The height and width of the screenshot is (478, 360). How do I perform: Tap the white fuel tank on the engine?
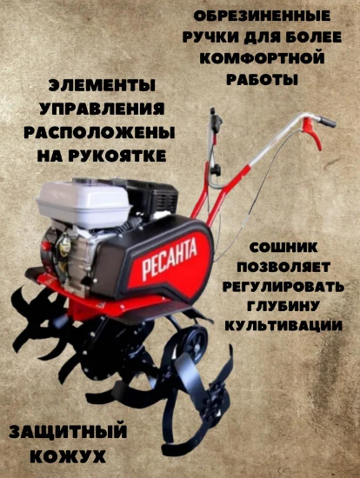click(83, 202)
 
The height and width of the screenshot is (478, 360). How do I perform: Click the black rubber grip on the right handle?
click(328, 122)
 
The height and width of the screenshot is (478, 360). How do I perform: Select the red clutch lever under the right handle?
click(312, 133)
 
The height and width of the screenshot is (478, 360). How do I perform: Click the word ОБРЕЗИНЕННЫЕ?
click(262, 16)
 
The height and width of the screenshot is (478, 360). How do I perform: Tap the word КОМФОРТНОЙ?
click(262, 58)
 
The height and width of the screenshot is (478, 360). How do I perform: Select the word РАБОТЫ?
click(262, 79)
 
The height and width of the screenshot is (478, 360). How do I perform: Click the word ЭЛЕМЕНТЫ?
click(102, 85)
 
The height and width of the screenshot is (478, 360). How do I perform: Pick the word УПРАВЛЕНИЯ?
click(102, 109)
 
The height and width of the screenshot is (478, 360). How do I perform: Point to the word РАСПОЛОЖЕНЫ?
click(99, 133)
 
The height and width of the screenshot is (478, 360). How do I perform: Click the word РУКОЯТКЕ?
click(117, 156)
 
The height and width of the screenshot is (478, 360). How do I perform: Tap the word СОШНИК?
click(283, 247)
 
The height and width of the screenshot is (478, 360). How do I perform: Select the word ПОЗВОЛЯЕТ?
click(283, 267)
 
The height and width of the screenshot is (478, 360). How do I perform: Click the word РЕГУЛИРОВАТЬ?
click(283, 287)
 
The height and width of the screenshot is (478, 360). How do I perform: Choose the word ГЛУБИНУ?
click(283, 306)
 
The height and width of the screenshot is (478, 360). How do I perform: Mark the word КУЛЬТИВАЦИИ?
click(283, 326)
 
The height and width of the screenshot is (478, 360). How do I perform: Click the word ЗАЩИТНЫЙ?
click(68, 432)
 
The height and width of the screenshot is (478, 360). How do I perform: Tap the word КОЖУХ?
click(69, 456)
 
